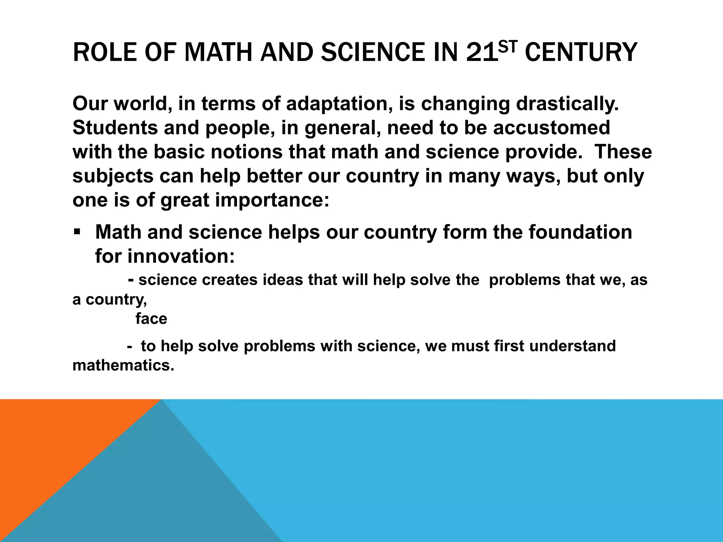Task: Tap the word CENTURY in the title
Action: point(581,52)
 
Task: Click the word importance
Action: point(272,200)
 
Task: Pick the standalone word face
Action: point(151,319)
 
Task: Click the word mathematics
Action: point(123,366)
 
